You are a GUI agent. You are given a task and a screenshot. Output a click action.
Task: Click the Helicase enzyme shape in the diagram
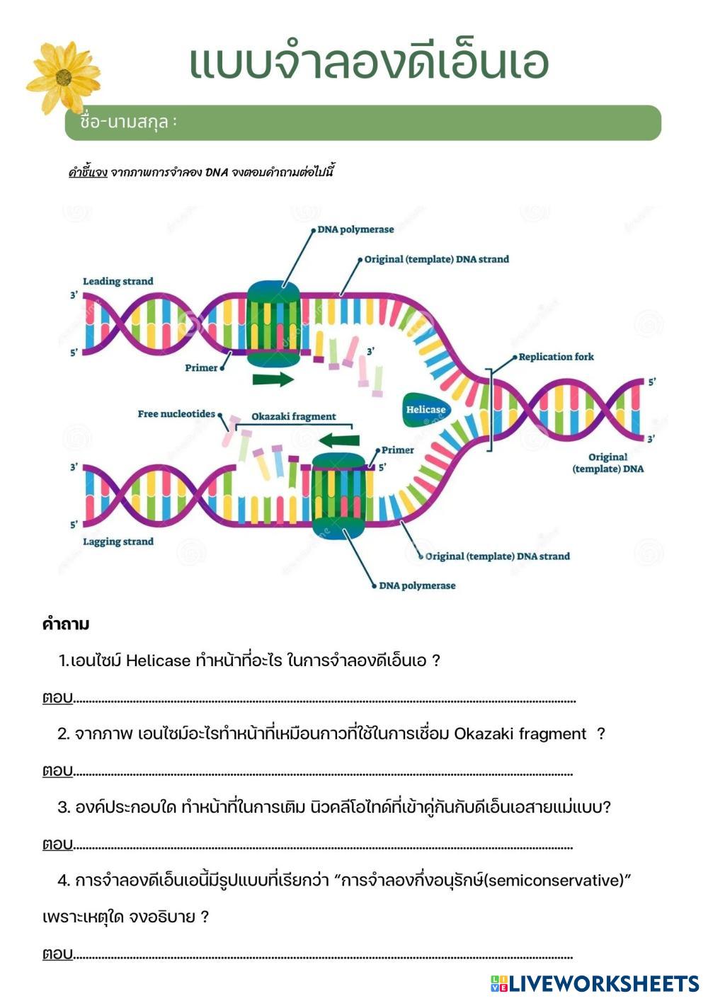(426, 410)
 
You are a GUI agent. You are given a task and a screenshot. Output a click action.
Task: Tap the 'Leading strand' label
(118, 281)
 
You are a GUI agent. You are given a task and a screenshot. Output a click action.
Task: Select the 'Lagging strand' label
(118, 542)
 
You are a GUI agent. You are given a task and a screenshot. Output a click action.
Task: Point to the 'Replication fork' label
(556, 357)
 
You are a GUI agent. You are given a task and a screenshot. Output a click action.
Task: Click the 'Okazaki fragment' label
(294, 417)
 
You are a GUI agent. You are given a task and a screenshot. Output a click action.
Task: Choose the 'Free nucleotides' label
(176, 414)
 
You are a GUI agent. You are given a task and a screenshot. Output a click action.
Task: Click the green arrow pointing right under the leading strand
(273, 379)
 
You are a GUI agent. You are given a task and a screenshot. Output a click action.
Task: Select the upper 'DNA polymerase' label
(355, 229)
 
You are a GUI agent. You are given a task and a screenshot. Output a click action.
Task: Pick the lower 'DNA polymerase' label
(417, 585)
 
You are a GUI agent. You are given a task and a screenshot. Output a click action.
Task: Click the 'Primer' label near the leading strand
(201, 368)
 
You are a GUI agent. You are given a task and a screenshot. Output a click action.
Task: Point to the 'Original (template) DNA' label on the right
(607, 463)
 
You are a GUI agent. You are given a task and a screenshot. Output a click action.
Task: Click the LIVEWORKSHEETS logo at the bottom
(595, 983)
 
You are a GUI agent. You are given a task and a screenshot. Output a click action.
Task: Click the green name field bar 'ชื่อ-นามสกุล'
(362, 122)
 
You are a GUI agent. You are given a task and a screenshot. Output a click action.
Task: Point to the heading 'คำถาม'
(66, 624)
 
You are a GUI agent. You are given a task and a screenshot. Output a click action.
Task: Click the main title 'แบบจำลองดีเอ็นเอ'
(368, 64)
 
